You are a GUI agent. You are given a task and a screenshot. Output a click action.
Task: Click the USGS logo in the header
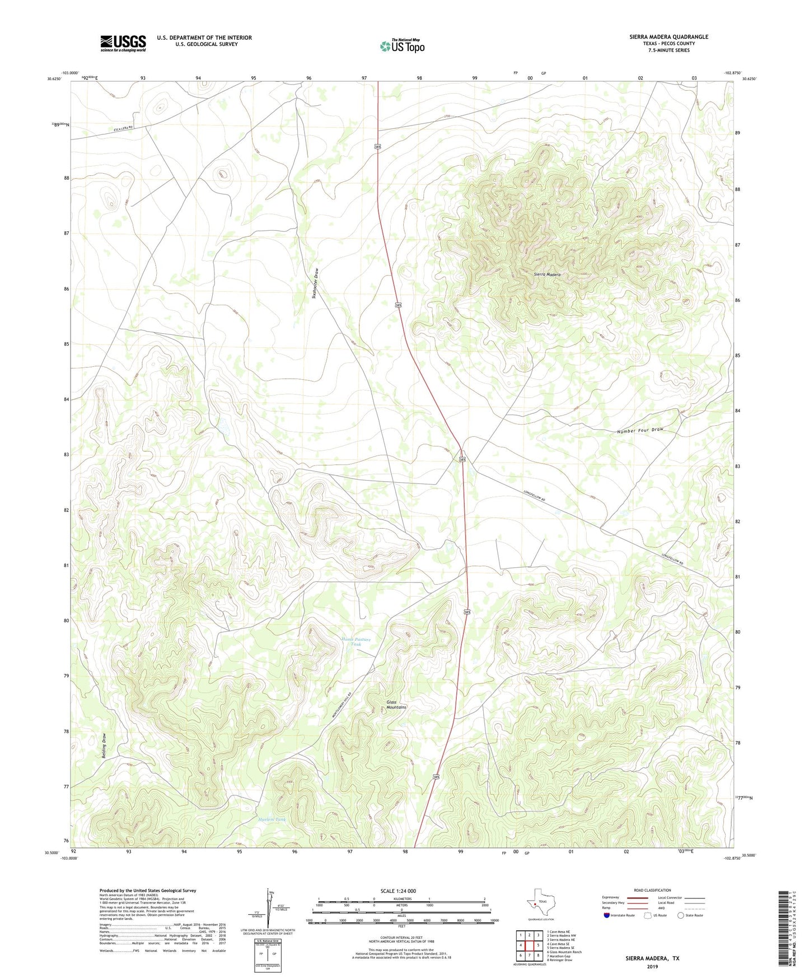tap(123, 43)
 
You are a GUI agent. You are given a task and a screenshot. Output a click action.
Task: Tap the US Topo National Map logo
tap(402, 45)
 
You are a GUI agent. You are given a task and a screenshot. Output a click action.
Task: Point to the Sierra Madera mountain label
tap(547, 274)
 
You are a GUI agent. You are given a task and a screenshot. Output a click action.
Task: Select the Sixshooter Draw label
tap(316, 284)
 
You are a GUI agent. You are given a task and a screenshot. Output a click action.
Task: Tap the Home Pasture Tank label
tap(356, 642)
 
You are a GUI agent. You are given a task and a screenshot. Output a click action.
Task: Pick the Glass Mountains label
tap(396, 705)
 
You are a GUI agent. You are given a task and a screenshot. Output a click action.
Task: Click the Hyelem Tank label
tap(272, 819)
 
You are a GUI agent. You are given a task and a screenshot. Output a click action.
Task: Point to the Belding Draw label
tap(104, 746)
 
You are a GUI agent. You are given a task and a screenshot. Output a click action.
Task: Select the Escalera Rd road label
tap(123, 129)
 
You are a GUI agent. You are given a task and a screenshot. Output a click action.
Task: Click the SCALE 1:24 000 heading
tap(398, 891)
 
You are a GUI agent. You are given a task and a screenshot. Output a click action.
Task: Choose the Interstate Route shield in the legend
tap(607, 915)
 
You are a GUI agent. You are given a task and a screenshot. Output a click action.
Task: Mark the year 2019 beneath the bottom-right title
tap(652, 966)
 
